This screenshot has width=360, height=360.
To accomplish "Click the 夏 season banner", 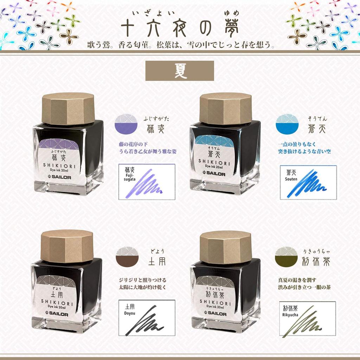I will pyautogui.click(x=180, y=71).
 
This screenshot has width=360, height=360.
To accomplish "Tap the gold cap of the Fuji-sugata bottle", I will pyautogui.click(x=69, y=108).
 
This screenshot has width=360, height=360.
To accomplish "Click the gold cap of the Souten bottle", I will pyautogui.click(x=225, y=108).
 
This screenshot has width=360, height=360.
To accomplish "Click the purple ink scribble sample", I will pyautogui.click(x=149, y=183).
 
